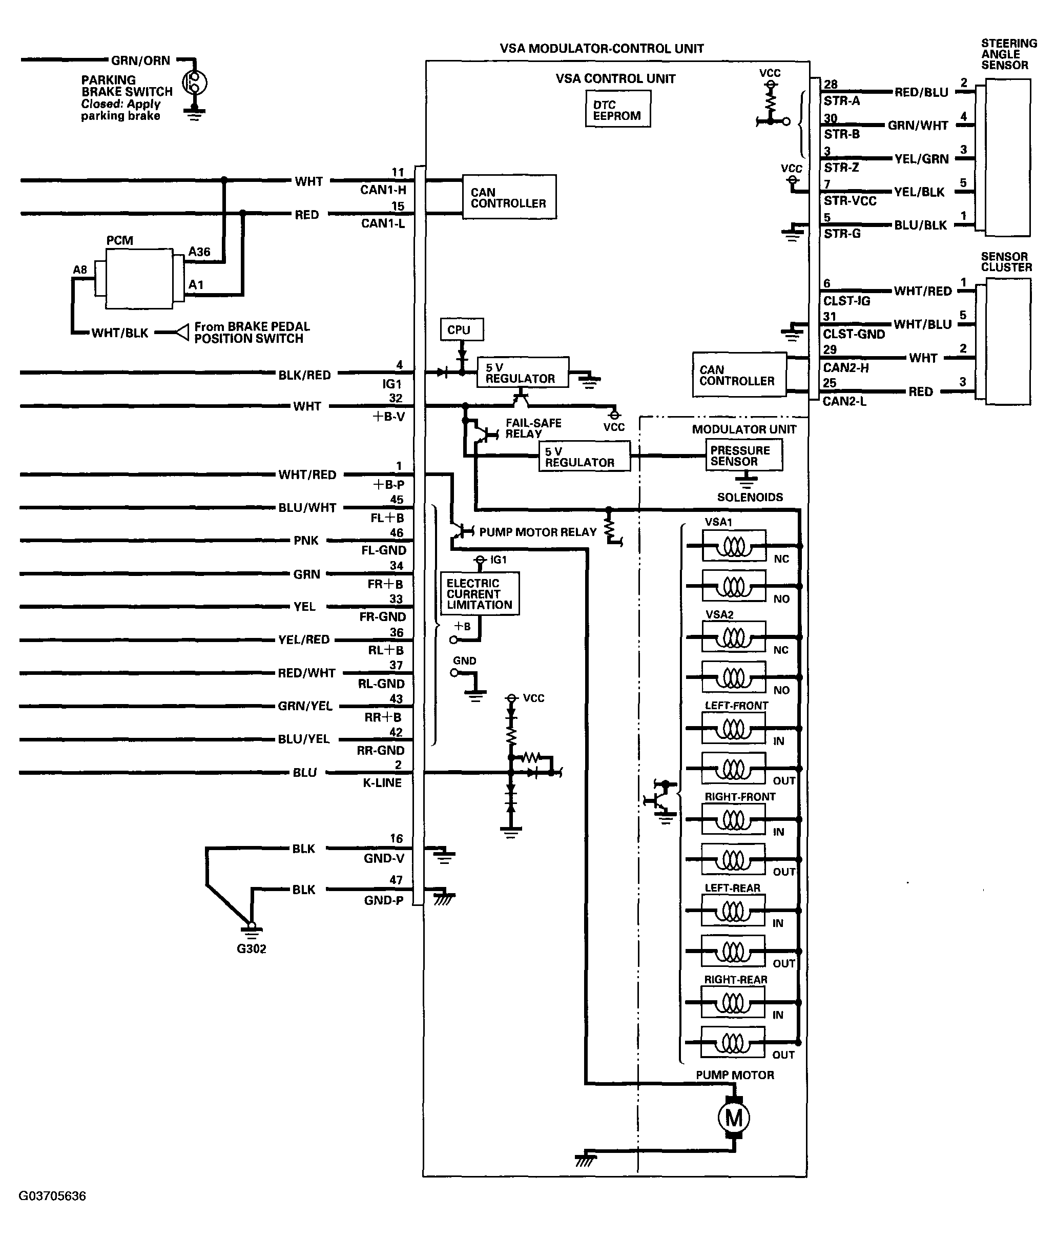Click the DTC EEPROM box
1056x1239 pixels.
618,109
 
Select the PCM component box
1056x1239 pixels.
139,278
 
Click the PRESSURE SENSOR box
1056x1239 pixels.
743,456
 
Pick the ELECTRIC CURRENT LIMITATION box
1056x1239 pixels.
480,593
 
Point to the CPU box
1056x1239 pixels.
462,329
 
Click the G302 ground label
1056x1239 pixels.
251,948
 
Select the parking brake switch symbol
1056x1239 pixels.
194,82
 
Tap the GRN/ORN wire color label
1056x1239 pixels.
140,60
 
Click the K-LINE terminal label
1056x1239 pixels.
382,782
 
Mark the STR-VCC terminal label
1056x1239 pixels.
850,201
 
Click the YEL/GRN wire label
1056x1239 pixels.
921,159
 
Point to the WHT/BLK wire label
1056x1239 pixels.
119,333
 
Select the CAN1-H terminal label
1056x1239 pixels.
383,190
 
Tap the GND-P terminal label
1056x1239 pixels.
383,900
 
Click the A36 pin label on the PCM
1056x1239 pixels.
199,252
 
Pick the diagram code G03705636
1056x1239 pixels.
53,1196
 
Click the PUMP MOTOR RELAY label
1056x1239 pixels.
538,531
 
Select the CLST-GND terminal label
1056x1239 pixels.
854,334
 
